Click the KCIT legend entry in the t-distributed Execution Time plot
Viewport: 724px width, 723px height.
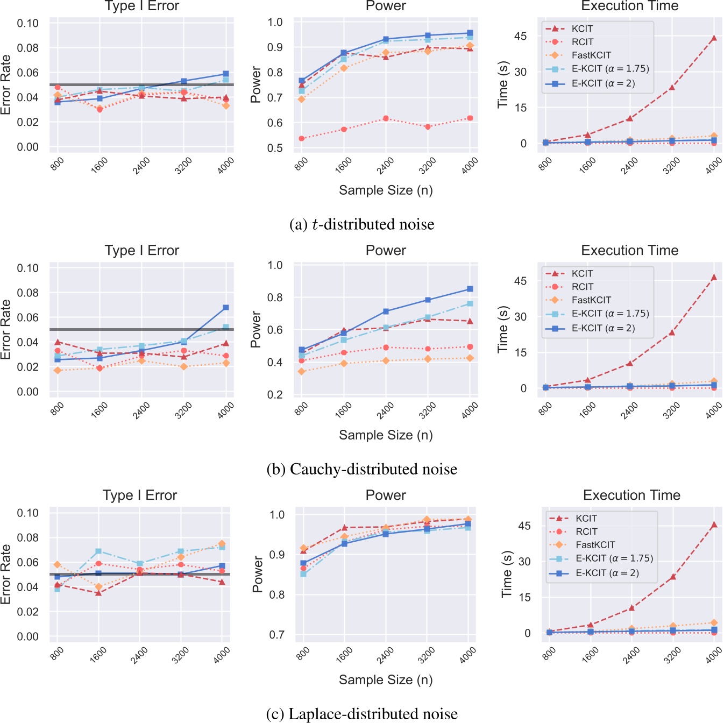(582, 29)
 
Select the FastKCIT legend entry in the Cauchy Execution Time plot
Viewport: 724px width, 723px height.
(591, 300)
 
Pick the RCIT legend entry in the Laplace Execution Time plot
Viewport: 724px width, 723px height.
(586, 531)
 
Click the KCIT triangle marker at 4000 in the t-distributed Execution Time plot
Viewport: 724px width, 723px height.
(714, 38)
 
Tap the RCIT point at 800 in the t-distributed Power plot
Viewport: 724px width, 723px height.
(302, 139)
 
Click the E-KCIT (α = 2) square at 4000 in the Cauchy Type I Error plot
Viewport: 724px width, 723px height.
(226, 308)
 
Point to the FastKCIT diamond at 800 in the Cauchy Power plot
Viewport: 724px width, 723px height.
(302, 372)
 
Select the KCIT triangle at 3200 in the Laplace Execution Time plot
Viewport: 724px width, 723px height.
(673, 577)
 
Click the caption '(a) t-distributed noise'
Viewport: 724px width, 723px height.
(361, 224)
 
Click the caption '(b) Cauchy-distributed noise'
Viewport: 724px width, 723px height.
(361, 469)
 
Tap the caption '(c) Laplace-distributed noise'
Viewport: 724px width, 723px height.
(361, 714)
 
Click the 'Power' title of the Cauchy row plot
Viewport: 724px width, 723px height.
(386, 251)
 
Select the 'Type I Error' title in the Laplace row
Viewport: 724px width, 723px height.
(140, 495)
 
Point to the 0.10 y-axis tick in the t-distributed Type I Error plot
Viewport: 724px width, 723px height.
(28, 23)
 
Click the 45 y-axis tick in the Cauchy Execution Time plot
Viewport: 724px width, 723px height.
(520, 281)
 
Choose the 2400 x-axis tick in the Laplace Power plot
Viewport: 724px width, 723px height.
(385, 655)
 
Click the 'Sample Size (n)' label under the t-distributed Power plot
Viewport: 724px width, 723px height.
(386, 190)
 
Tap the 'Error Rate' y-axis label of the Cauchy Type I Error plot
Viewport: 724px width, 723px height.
(6, 329)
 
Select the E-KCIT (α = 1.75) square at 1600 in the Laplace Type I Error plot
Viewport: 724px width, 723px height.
(98, 551)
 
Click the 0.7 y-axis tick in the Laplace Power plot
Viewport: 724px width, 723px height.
(276, 635)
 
